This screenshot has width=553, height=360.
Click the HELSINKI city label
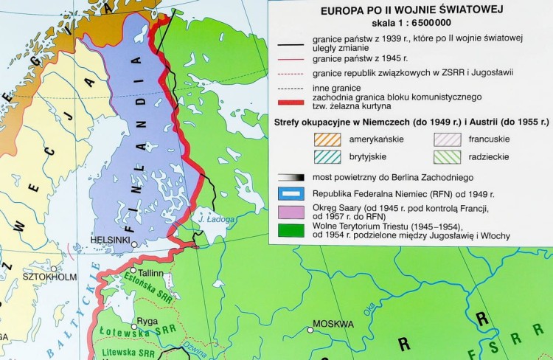(110, 240)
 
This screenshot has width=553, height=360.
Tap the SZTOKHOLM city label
(50, 277)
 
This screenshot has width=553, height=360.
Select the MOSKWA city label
(333, 324)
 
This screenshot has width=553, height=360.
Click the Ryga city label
(147, 322)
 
